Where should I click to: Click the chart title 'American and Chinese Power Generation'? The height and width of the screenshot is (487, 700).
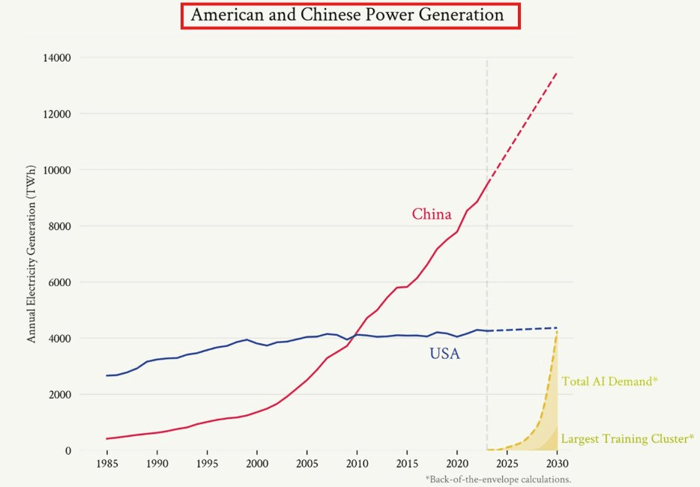pyautogui.click(x=350, y=15)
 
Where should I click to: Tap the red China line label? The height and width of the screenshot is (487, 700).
pyautogui.click(x=432, y=215)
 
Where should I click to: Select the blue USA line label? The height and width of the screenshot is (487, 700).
pyautogui.click(x=444, y=354)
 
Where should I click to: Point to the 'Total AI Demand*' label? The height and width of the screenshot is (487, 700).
pyautogui.click(x=609, y=381)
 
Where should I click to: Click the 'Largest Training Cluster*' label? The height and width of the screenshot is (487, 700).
pyautogui.click(x=627, y=438)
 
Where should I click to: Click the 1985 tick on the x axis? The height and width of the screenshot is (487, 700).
pyautogui.click(x=106, y=464)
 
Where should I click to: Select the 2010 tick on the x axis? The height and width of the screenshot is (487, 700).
pyautogui.click(x=357, y=464)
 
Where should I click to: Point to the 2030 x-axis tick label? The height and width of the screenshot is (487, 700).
pyautogui.click(x=558, y=464)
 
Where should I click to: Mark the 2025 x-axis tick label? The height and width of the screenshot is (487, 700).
pyautogui.click(x=507, y=464)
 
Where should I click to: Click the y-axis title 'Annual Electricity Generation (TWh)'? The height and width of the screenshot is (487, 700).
pyautogui.click(x=31, y=255)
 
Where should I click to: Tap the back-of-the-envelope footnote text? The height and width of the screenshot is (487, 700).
pyautogui.click(x=498, y=479)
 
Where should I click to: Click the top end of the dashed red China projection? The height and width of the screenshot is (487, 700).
pyautogui.click(x=557, y=73)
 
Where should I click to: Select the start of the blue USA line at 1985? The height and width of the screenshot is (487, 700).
pyautogui.click(x=106, y=375)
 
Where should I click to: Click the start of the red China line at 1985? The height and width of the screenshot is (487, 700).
pyautogui.click(x=106, y=438)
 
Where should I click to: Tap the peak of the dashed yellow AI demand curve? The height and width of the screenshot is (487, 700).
pyautogui.click(x=557, y=332)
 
